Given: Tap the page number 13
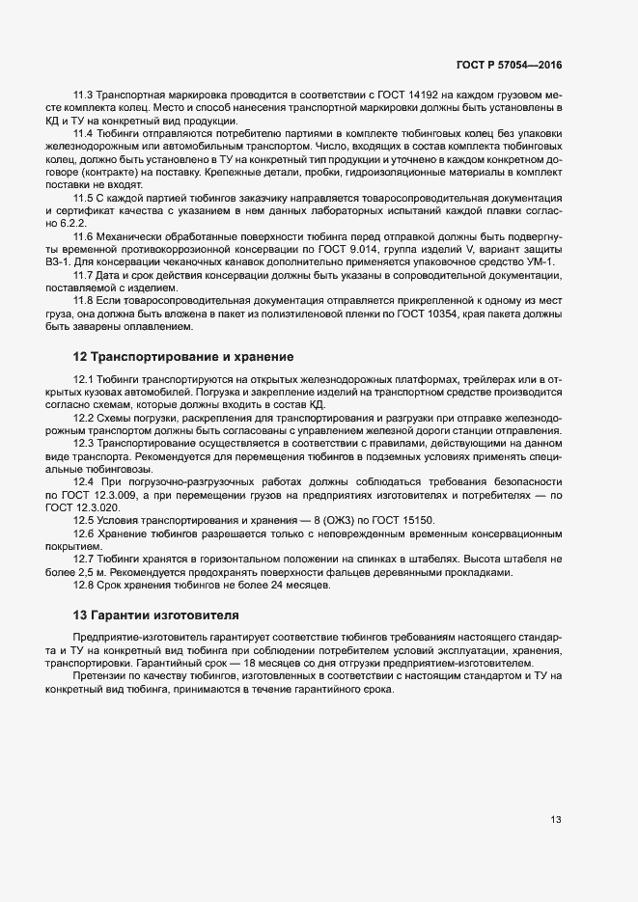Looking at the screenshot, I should [556, 820].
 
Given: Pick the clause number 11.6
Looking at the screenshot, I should [83, 237].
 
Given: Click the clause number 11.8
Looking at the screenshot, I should [83, 302].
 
